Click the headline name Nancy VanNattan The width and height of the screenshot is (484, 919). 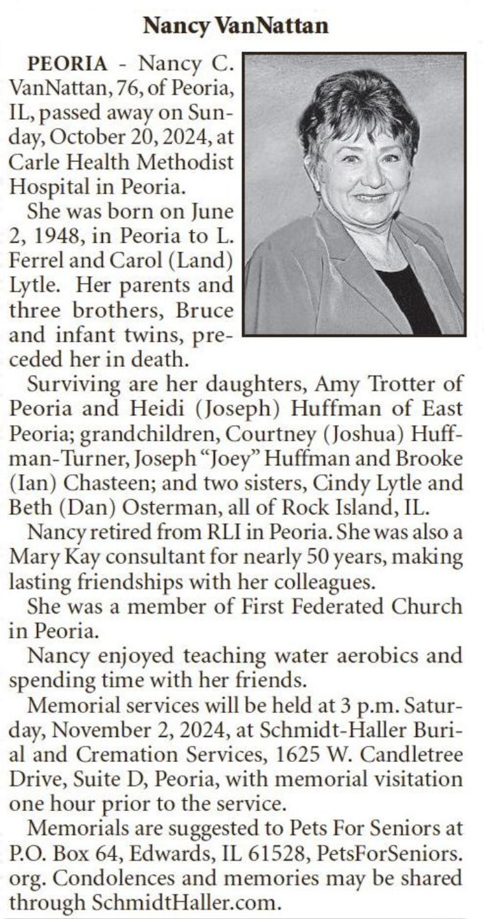[x=235, y=25]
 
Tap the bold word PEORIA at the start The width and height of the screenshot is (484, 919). [x=67, y=64]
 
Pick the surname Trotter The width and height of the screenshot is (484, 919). [x=402, y=384]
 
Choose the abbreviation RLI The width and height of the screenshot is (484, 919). [x=224, y=532]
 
